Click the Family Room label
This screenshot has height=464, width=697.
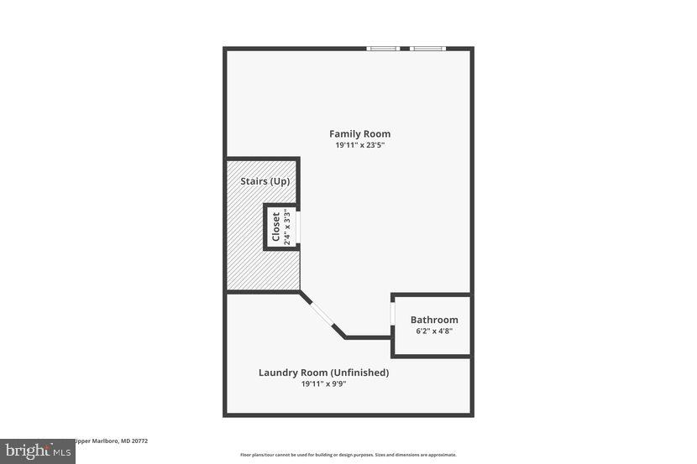click(359, 133)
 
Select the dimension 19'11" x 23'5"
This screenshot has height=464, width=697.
click(359, 145)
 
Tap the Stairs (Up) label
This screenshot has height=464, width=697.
click(259, 180)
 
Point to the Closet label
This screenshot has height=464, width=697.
click(275, 227)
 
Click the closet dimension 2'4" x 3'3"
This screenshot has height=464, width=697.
click(286, 227)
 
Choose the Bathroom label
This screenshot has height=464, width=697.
click(434, 320)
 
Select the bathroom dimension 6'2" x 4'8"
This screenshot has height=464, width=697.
click(434, 331)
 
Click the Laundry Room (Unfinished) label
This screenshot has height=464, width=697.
click(323, 373)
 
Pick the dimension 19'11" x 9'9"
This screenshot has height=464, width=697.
click(323, 384)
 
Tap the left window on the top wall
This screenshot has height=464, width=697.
click(383, 49)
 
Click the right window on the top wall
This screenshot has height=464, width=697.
click(427, 49)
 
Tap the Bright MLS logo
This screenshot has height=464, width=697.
click(37, 451)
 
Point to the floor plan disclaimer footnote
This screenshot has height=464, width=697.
click(348, 455)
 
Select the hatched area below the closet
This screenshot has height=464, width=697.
click(262, 268)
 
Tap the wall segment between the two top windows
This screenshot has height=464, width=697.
click(405, 49)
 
